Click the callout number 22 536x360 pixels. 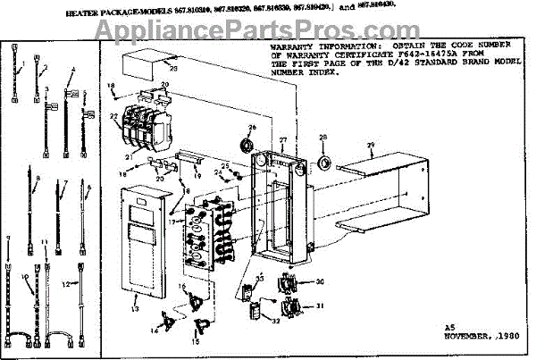pos(113,116)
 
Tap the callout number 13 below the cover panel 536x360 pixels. pos(136,308)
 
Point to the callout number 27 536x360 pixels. pos(282,140)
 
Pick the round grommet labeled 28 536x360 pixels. pos(323,162)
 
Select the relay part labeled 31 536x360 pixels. pos(289,309)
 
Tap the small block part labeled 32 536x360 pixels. pos(254,310)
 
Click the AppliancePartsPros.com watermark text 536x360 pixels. pos(267,33)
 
